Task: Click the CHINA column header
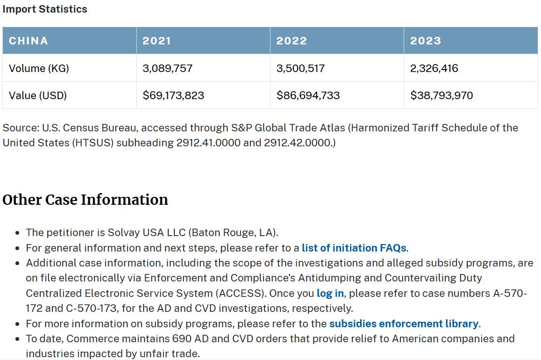[28, 41]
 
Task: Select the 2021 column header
[157, 41]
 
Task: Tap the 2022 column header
[292, 41]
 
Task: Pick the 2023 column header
[425, 41]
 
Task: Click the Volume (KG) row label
[39, 68]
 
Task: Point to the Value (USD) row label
[38, 95]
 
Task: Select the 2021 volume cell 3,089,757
[167, 68]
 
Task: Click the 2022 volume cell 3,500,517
[300, 68]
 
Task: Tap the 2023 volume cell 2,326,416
[434, 68]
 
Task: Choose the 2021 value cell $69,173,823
[173, 95]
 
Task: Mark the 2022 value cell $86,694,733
[308, 95]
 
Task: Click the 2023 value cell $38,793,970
[441, 95]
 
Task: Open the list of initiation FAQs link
[354, 248]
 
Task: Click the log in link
[330, 294]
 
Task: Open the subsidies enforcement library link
[404, 324]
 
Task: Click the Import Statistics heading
[45, 9]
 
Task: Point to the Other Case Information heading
[85, 200]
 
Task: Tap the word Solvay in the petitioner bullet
[122, 232]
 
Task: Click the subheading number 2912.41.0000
[208, 143]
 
